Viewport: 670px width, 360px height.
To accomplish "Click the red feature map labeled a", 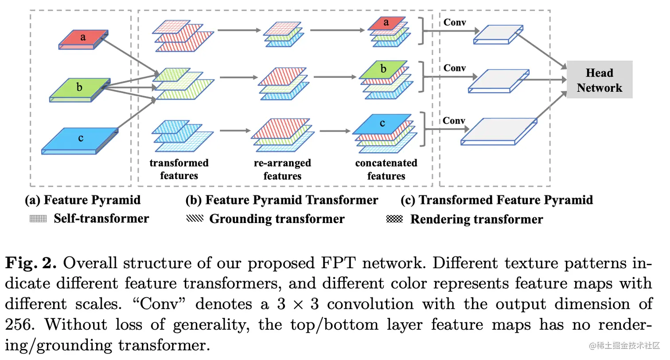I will click(83, 39).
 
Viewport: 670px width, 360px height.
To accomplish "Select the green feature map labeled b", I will click(79, 88).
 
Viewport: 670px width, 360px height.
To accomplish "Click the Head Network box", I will click(600, 80).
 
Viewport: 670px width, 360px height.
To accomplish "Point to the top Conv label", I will click(455, 22).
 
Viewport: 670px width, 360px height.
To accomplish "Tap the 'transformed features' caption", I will click(179, 169).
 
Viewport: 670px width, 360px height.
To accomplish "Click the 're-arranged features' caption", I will click(282, 169).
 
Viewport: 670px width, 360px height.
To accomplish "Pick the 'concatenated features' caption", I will click(386, 169).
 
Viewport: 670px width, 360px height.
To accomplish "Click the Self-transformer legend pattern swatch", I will click(38, 219).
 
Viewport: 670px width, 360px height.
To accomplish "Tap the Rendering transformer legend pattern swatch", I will click(394, 219).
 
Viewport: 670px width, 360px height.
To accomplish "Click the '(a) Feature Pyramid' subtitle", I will click(83, 200).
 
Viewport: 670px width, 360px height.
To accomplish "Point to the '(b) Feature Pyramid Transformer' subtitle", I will click(282, 200).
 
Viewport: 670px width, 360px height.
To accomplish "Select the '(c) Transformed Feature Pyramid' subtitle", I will click(497, 200).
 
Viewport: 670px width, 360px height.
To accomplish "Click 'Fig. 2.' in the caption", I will click(31, 263).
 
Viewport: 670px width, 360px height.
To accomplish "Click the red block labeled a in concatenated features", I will click(386, 23).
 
